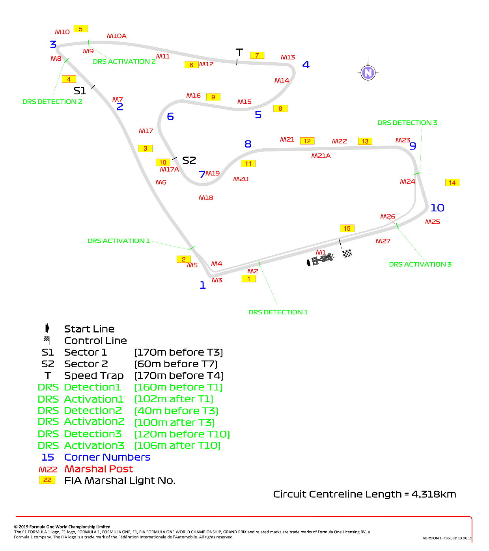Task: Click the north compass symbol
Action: click(x=368, y=73)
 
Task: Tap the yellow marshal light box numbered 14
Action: click(x=452, y=183)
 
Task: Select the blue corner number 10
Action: click(x=437, y=208)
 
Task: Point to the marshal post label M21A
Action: click(x=321, y=155)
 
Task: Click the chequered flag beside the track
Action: click(x=347, y=254)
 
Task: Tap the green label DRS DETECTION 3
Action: click(x=407, y=123)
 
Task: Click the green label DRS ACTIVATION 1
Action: click(x=119, y=241)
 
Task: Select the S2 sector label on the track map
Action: click(x=189, y=161)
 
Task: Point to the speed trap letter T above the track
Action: click(x=239, y=52)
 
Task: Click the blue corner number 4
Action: click(x=306, y=65)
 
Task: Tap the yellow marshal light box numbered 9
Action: click(x=213, y=97)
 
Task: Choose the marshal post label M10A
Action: click(x=116, y=36)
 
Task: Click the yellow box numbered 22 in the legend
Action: click(x=47, y=480)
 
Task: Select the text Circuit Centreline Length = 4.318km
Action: click(x=364, y=494)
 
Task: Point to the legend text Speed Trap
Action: click(x=94, y=375)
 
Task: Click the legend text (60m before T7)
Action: click(x=176, y=364)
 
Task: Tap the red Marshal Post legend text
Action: click(x=99, y=469)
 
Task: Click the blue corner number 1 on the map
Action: click(x=203, y=285)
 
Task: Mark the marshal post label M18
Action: click(x=205, y=198)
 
